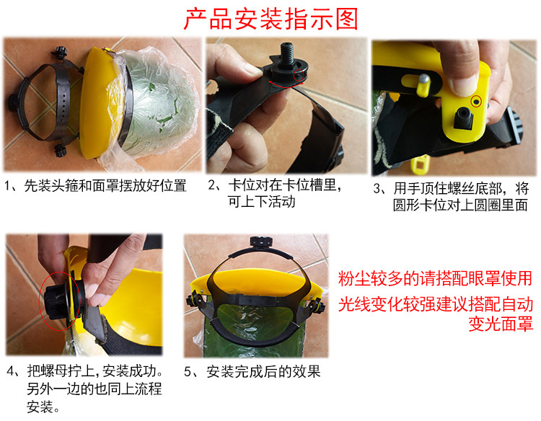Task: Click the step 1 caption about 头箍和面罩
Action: (96, 186)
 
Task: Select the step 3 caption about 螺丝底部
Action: (451, 197)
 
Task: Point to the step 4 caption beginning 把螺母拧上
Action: (85, 390)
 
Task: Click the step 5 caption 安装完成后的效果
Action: (252, 373)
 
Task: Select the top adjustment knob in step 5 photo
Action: (255, 243)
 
